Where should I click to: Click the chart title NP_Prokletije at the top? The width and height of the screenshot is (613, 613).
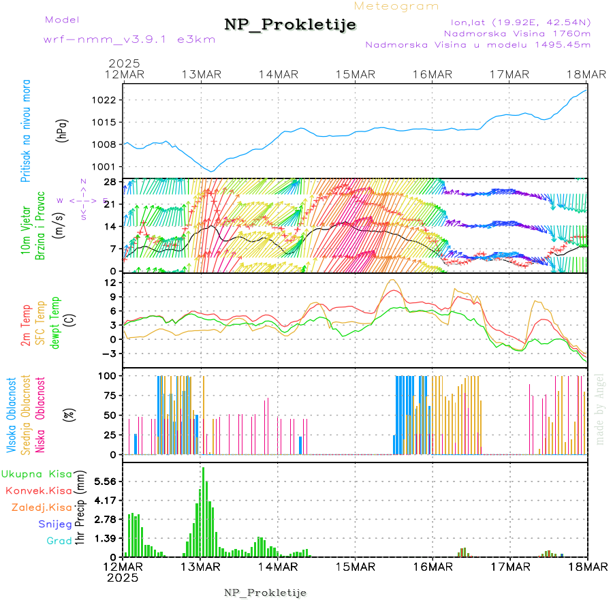pos(290,25)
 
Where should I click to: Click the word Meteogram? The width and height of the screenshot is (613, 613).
pos(397,6)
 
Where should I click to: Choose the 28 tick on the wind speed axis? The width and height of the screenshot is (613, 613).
pos(109,182)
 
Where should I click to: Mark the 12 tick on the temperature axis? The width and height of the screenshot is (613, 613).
pos(109,283)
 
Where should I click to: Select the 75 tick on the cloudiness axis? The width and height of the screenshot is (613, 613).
pos(109,394)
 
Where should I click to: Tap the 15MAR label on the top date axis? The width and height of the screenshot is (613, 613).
pos(356,74)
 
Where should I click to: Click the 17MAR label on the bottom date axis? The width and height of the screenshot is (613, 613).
pos(509,567)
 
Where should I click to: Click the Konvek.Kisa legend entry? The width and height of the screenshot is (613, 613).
pos(38,490)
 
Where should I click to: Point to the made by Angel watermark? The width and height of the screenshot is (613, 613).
pos(600,409)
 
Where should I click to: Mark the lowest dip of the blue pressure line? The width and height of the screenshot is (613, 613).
pos(212,171)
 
